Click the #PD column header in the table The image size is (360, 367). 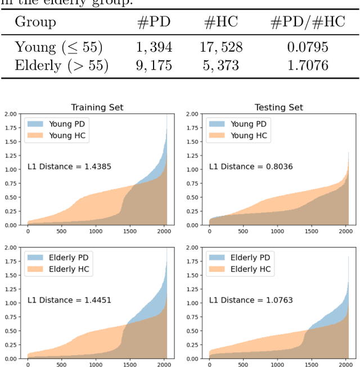click(154, 22)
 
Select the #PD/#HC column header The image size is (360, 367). click(308, 22)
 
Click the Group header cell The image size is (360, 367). click(35, 22)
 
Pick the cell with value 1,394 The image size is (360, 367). click(154, 47)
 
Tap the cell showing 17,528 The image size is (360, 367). click(220, 47)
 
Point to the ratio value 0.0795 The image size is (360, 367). click(308, 47)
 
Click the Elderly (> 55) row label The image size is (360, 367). click(61, 65)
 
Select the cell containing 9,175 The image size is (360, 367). click(154, 65)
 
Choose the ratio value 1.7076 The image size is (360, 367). click(308, 65)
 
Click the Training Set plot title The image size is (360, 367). click(97, 107)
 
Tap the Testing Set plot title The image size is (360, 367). click(278, 107)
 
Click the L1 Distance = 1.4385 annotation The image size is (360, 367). click(69, 167)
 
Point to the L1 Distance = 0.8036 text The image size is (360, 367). click(251, 167)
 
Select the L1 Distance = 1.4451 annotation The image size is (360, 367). click(69, 300)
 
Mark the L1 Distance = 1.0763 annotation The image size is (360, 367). click(251, 300)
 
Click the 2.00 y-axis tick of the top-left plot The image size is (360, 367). click(10, 114)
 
